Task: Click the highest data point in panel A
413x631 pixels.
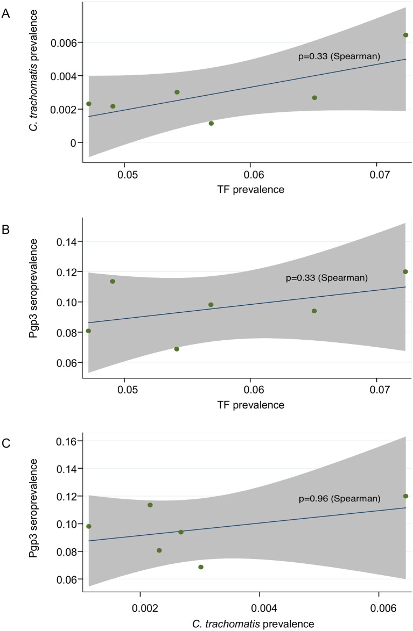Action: click(x=405, y=35)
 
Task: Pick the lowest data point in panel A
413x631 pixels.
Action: click(x=211, y=124)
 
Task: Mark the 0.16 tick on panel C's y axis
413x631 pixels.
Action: click(x=68, y=441)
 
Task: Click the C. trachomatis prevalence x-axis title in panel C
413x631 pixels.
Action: click(x=247, y=624)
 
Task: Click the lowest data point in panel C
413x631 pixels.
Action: click(x=201, y=567)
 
